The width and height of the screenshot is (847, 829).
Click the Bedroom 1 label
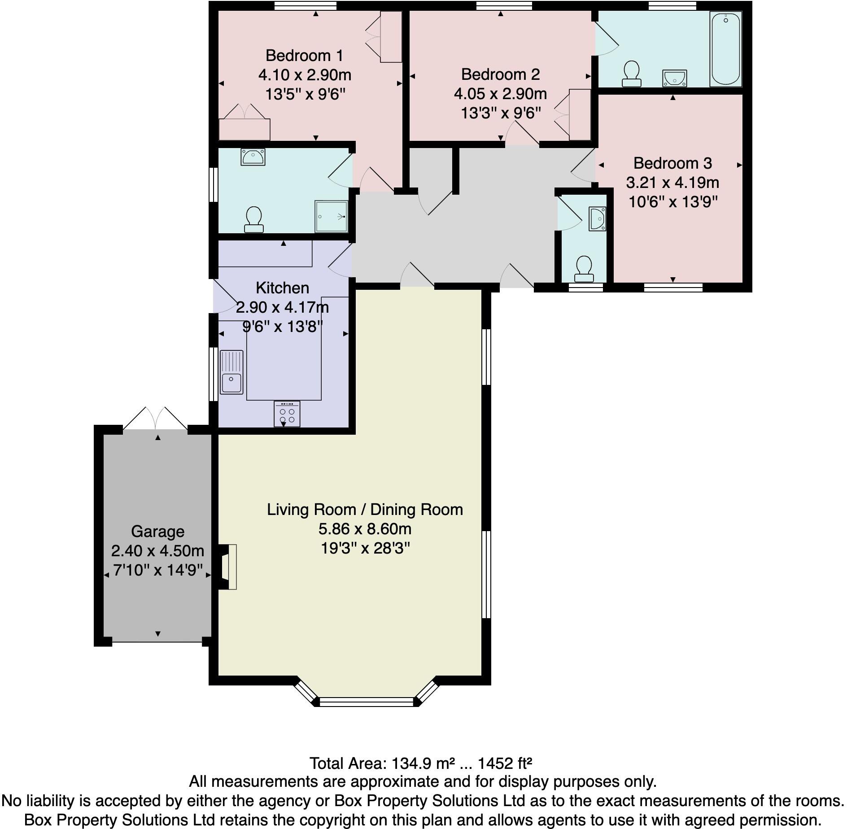click(x=304, y=56)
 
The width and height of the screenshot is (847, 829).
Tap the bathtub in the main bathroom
click(x=725, y=49)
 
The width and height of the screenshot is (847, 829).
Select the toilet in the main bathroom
click(x=632, y=74)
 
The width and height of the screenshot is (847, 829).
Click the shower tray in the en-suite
click(x=332, y=216)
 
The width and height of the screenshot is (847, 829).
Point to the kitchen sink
click(x=231, y=372)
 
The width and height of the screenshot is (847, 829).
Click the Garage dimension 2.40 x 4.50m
click(x=157, y=550)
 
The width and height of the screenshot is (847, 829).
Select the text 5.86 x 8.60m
click(x=365, y=529)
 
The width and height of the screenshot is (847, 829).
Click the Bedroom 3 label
click(x=672, y=163)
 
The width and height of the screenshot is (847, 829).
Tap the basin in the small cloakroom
click(x=598, y=218)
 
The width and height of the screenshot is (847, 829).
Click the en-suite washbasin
click(x=253, y=157)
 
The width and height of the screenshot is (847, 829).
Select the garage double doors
click(x=155, y=419)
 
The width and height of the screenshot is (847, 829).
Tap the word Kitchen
click(x=282, y=288)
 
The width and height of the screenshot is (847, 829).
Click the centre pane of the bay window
click(x=367, y=701)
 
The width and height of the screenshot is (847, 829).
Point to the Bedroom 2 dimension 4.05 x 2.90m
click(x=500, y=94)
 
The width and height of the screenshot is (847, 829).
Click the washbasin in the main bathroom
click(x=674, y=78)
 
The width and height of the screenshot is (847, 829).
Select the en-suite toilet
click(x=254, y=219)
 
